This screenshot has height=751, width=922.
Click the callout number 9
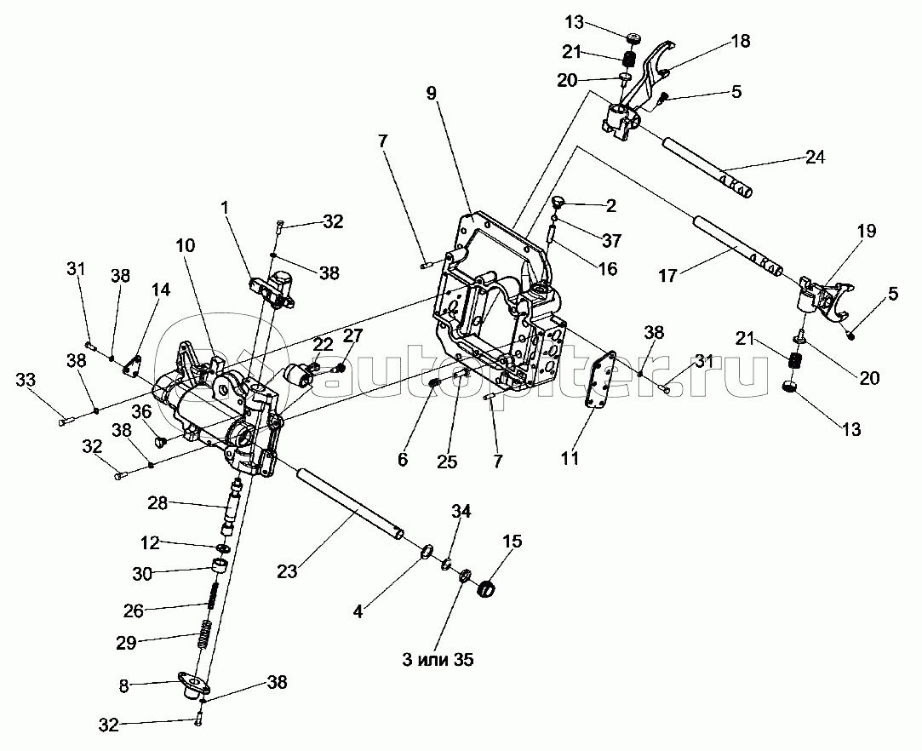[432, 94]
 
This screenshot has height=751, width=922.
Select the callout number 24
[815, 157]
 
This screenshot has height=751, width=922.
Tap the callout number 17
[668, 275]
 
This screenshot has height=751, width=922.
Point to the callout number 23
[288, 570]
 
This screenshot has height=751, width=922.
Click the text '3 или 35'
[438, 660]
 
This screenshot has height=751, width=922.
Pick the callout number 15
[513, 541]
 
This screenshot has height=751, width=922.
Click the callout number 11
[570, 457]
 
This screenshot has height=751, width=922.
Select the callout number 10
[186, 245]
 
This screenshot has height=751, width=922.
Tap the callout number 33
[26, 380]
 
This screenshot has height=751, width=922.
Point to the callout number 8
[123, 685]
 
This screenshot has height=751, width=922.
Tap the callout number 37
[611, 240]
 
